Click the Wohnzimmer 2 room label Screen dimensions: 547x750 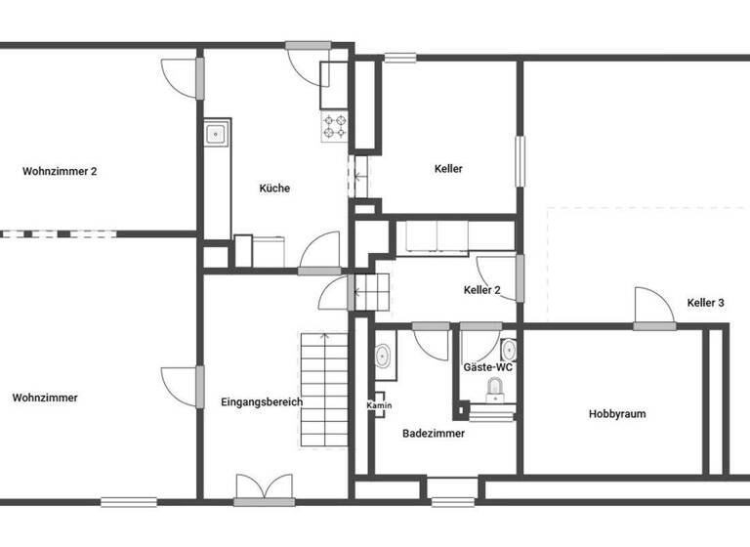click(60, 171)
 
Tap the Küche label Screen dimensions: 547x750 click(274, 189)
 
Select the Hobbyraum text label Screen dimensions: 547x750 click(617, 414)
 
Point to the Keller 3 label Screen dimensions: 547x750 click(705, 303)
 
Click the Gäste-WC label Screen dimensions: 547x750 click(488, 366)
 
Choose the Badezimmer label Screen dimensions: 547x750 click(434, 434)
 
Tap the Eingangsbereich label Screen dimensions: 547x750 click(262, 401)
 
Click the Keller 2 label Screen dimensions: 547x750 click(482, 290)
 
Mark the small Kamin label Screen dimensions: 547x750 click(379, 404)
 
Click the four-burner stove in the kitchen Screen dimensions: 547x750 click(335, 126)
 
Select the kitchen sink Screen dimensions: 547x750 click(216, 134)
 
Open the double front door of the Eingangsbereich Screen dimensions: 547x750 click(264, 488)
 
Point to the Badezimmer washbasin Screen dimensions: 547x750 click(383, 357)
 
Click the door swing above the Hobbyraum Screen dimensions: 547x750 click(652, 308)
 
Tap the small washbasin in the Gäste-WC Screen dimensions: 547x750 click(509, 349)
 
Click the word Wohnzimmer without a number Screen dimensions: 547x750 click(45, 398)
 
